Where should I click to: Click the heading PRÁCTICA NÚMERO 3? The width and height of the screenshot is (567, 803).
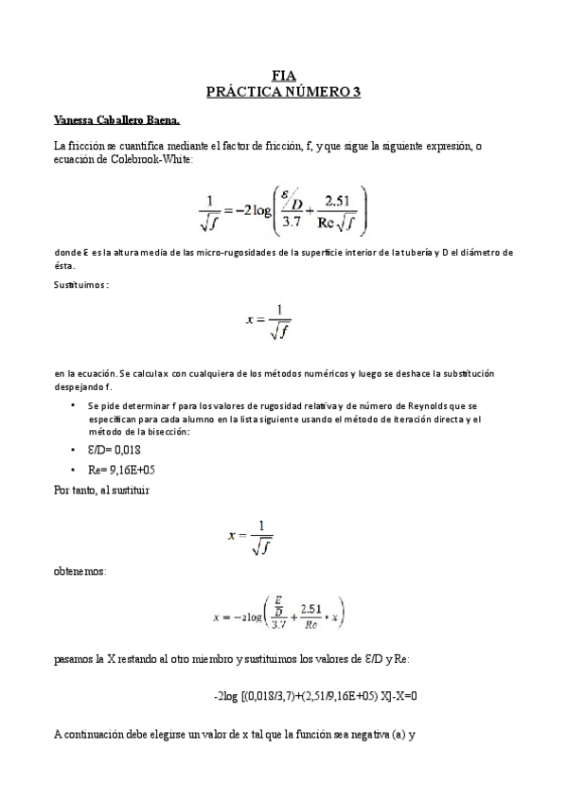click(283, 91)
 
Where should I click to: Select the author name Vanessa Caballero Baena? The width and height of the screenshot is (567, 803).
click(116, 121)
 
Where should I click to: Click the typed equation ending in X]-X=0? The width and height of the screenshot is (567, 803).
click(316, 696)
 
